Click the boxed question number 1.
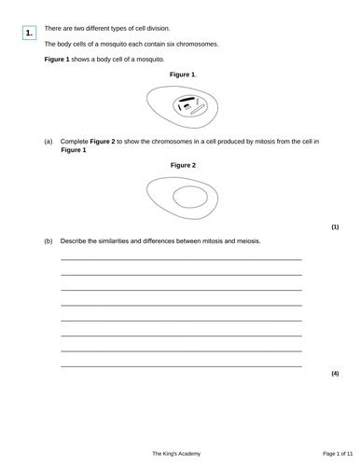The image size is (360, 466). [29, 34]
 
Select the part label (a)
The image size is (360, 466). [49, 142]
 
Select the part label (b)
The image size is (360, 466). [49, 241]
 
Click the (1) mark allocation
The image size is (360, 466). [335, 226]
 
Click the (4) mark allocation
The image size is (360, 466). [335, 374]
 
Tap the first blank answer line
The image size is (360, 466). [181, 259]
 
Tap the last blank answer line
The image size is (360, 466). [181, 365]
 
